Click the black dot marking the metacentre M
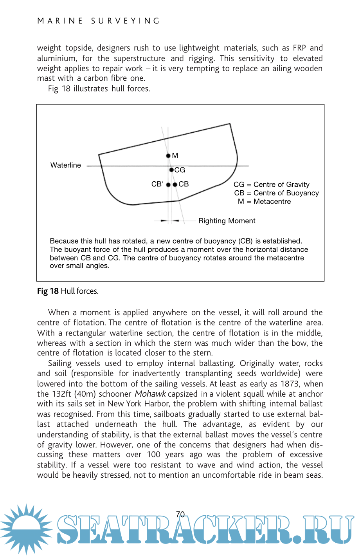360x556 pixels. (168, 155)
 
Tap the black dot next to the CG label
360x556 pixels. (171, 170)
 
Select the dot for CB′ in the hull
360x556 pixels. (168, 184)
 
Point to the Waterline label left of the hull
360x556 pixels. (65, 165)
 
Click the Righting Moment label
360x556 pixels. (227, 221)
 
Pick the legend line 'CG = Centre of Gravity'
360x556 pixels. (271, 184)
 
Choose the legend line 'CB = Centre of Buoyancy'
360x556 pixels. (276, 193)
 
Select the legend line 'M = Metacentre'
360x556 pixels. (264, 202)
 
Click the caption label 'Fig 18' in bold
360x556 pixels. (48, 291)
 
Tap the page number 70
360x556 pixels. (180, 514)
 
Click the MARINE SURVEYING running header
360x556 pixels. (99, 21)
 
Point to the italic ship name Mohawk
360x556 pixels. (150, 394)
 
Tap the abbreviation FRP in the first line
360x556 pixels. (299, 48)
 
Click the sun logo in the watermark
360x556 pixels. (26, 529)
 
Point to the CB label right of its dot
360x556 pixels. (184, 184)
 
